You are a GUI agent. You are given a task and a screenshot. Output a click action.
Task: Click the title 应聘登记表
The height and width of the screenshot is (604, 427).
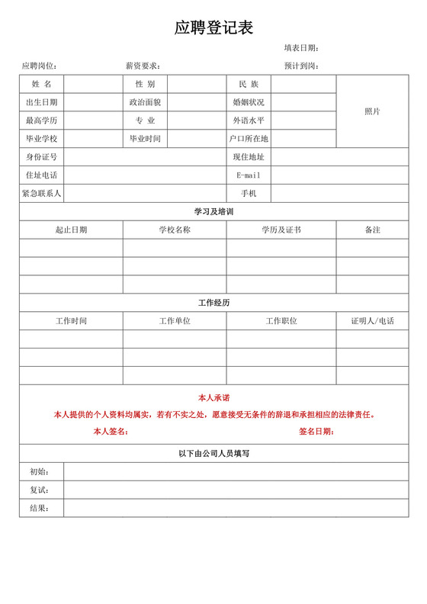tap(213, 28)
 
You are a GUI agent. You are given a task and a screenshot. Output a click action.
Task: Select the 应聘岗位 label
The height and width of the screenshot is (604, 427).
tap(40, 66)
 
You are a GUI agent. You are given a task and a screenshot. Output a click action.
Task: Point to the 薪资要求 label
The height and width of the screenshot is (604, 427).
tap(143, 66)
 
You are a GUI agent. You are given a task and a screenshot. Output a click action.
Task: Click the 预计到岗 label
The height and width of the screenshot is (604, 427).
tap(301, 66)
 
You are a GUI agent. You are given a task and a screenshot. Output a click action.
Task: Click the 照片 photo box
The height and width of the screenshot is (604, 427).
tap(372, 111)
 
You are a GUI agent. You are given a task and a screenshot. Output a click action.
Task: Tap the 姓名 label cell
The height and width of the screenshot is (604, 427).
tap(41, 84)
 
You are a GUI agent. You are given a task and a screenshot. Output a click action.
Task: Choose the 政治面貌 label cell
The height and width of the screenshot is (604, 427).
tap(145, 102)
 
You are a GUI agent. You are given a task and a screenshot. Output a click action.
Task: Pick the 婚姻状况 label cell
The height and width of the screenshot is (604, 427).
tap(249, 102)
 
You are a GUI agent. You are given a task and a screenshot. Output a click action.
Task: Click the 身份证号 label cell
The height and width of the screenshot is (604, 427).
tap(41, 157)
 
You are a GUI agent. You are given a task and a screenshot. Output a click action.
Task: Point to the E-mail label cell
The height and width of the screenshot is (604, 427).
tap(249, 175)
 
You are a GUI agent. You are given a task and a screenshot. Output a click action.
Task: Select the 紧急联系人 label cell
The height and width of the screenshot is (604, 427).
tap(41, 194)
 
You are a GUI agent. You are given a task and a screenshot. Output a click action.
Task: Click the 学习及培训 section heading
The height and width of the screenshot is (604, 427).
tap(213, 211)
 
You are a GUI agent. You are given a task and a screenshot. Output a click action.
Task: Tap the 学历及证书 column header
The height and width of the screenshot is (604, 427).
tap(281, 230)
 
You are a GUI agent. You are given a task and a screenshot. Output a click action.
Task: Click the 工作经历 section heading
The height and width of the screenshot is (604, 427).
tap(213, 303)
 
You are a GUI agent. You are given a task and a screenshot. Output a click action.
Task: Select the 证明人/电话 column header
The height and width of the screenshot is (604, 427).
tap(372, 321)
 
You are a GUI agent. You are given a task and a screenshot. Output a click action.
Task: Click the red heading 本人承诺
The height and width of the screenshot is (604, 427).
tap(213, 398)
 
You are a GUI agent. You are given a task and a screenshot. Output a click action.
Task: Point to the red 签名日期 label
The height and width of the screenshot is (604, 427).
tap(316, 432)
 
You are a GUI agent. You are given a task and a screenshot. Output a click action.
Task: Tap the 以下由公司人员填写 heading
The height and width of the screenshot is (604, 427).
tap(213, 454)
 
